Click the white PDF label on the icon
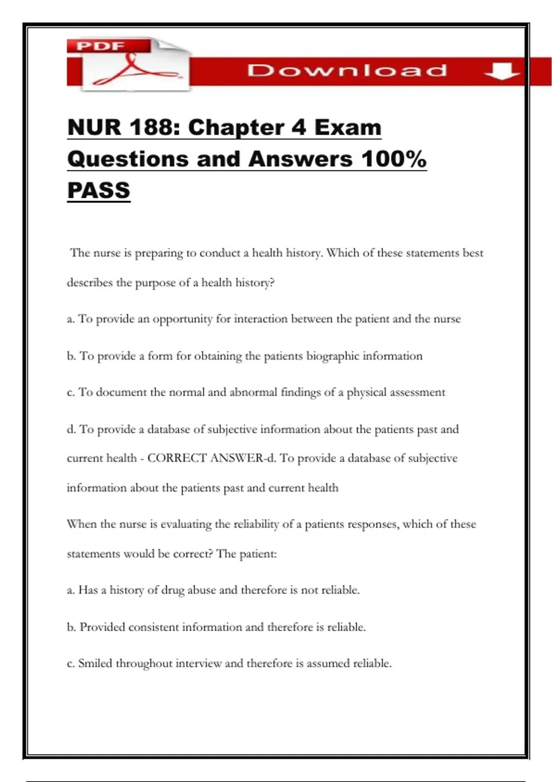click(x=101, y=46)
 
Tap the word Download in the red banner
click(x=347, y=71)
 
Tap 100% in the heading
click(x=394, y=159)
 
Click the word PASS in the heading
click(x=98, y=190)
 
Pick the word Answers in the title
click(x=300, y=159)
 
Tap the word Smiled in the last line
click(x=95, y=663)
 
